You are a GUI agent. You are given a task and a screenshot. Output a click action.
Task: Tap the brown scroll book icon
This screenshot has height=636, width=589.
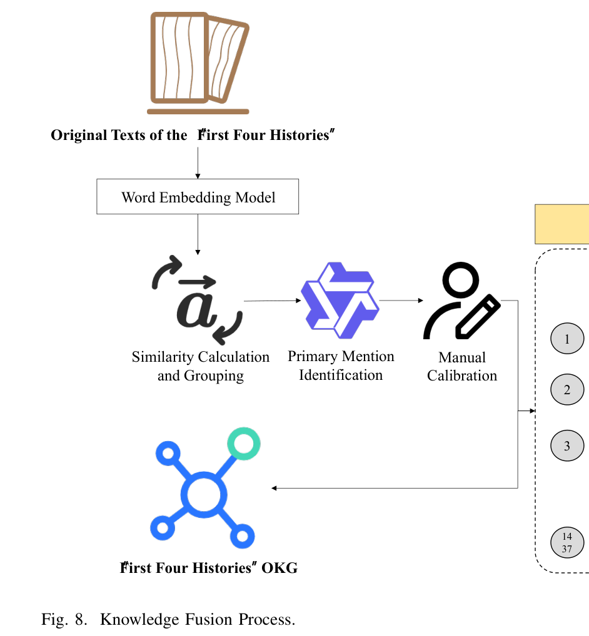coord(198,63)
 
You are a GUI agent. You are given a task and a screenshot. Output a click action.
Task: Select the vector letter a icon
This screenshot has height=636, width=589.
coord(198,300)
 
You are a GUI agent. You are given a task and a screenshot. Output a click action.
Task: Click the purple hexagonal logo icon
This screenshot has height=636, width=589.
coord(340,300)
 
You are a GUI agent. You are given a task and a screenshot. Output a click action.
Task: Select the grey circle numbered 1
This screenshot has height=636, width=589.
coord(567,339)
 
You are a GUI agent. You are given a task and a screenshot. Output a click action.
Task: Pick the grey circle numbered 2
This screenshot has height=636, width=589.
coord(567,389)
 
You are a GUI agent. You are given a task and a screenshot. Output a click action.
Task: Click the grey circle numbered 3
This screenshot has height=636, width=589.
coord(567,446)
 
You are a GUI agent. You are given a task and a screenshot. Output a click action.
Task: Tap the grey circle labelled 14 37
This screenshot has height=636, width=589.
coord(567,542)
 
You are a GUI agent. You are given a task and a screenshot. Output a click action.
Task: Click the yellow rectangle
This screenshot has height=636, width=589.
coord(562,224)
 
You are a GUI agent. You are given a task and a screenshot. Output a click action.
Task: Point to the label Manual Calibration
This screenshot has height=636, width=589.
coord(462,366)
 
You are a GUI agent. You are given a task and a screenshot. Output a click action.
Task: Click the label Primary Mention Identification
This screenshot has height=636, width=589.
coord(341,365)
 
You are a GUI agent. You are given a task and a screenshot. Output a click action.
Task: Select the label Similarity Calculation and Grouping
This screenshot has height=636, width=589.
coord(201,366)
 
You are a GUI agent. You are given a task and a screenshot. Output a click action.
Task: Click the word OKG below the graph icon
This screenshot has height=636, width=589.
coord(279,568)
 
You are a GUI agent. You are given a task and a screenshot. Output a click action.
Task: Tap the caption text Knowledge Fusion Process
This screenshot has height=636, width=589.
coord(198,619)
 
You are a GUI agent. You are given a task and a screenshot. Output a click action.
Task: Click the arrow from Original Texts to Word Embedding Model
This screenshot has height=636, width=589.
coord(198,162)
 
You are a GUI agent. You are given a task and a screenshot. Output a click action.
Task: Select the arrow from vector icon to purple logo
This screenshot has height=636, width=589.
coord(273,301)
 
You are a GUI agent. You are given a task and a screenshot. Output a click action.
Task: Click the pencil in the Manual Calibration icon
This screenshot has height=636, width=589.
coord(478,316)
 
